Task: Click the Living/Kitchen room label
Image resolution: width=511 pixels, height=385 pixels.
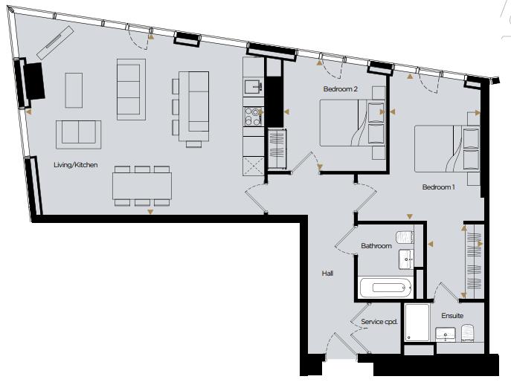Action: coord(75,165)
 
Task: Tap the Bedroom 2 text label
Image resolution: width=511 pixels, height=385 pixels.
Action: coord(341,89)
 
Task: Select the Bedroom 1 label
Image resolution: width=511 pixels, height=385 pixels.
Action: coord(438,187)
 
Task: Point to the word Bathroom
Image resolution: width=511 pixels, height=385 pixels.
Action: coord(376,246)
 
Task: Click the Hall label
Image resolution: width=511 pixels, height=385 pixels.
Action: coord(327,274)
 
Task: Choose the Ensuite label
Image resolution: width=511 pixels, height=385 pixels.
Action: coord(452,316)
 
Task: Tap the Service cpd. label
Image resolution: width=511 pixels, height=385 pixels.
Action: coord(379,322)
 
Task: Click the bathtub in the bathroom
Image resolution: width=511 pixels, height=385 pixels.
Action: coord(385,288)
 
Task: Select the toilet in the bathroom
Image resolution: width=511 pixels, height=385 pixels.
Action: coord(405,236)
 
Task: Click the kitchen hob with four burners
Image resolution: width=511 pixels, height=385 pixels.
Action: coord(253,116)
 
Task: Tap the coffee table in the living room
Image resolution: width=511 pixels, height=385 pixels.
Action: coord(74,89)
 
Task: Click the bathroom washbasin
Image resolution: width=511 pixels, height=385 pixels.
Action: coord(406,259)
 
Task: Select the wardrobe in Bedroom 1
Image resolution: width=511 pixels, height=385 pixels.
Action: coord(472,260)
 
